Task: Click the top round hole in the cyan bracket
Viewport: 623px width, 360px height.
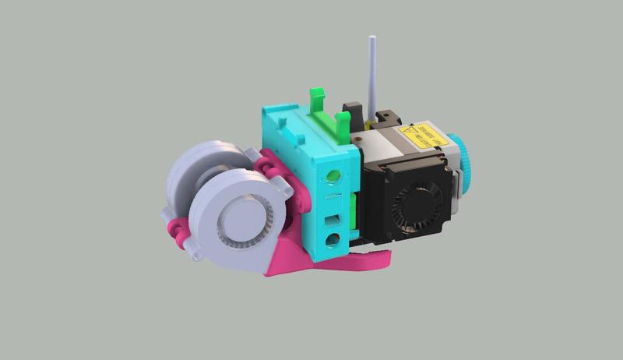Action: point(335,175)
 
